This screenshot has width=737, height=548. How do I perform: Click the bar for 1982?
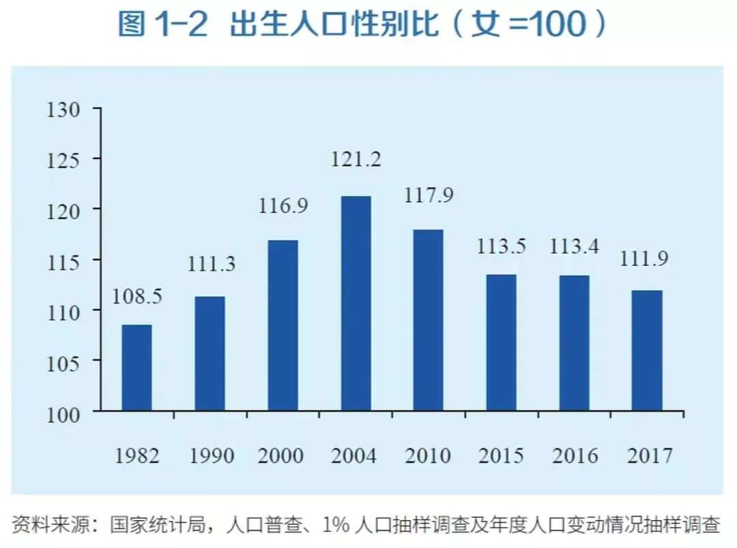point(136,368)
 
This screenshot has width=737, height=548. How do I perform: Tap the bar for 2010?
point(429,320)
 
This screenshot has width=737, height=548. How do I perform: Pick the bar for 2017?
point(647,351)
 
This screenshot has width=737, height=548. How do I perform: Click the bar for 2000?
point(283,326)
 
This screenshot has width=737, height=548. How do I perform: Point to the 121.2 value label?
point(356,160)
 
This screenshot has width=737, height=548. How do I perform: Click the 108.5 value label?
point(137,298)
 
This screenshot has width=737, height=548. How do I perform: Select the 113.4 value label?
point(575,246)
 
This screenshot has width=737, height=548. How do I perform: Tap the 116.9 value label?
point(283,205)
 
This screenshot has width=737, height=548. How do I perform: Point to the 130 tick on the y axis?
point(64,109)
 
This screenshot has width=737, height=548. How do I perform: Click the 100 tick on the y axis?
point(64,412)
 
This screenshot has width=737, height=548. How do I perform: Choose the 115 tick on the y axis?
point(64,261)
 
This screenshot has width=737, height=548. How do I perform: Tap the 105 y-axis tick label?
point(64,361)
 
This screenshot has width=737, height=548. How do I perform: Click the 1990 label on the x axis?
point(210,455)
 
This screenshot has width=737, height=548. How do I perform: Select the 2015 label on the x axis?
point(502,455)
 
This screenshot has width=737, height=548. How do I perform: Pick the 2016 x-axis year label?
point(575,455)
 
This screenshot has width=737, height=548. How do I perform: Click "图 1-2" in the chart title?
point(167,25)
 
